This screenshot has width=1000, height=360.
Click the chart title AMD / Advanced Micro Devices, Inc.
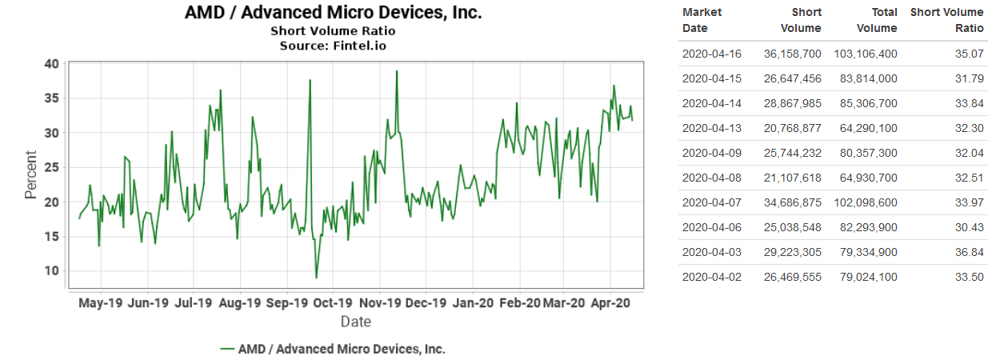333,13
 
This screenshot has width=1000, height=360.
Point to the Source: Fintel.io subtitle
333,46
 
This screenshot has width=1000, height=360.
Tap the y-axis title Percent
30,174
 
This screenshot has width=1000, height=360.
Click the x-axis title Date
355,322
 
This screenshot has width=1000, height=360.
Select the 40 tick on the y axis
51,64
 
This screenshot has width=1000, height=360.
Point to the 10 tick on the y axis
51,270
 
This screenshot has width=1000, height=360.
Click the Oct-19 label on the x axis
332,303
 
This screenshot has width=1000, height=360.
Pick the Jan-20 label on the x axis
473,303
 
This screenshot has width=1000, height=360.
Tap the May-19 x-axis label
101,303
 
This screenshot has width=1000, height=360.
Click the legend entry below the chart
333,349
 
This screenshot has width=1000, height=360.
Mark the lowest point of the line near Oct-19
316,278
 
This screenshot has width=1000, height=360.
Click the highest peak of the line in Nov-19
396,71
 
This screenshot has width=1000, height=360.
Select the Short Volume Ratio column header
946,20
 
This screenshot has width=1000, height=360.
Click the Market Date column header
702,20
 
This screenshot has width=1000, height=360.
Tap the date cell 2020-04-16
711,54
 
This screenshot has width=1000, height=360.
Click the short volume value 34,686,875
787,203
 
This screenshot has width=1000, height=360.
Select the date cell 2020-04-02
711,278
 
